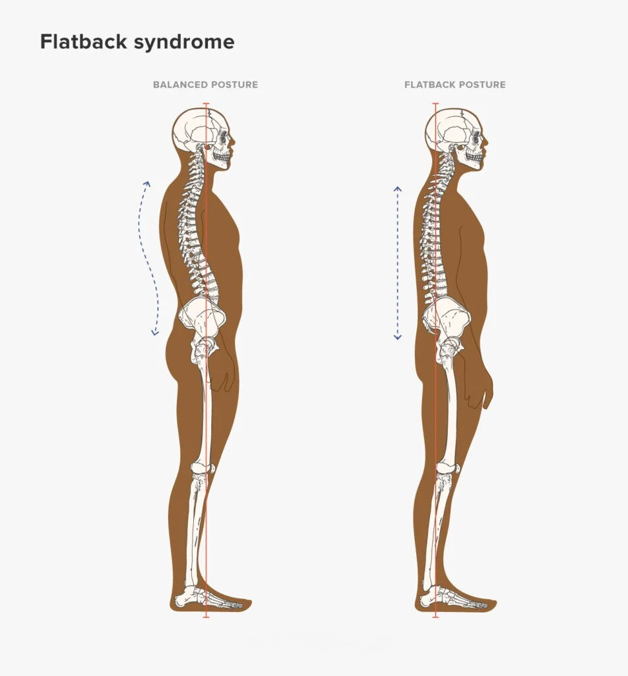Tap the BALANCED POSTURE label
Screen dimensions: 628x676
coord(205,85)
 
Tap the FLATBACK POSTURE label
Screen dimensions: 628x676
coord(455,85)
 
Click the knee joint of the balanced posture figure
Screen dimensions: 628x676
coord(202,469)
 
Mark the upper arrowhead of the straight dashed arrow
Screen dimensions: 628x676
coord(398,189)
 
